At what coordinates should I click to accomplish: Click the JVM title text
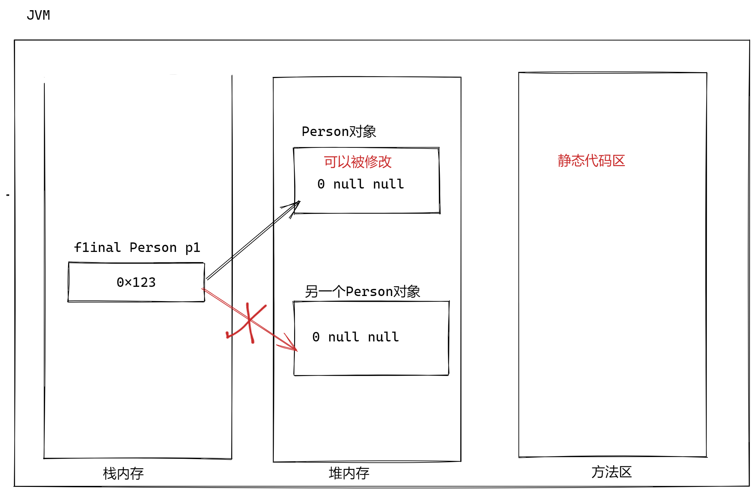(x=38, y=16)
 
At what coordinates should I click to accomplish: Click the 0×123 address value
(x=136, y=282)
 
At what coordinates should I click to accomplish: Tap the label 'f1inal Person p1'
(x=137, y=248)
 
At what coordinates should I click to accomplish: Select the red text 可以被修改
(x=357, y=162)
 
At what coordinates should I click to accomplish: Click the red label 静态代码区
(x=591, y=161)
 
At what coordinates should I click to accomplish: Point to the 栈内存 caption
(x=123, y=473)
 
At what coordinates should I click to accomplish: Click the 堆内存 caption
(x=349, y=473)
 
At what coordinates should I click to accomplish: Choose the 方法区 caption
(x=612, y=472)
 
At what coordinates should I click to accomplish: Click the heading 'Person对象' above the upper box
(x=339, y=132)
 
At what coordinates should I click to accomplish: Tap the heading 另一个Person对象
(x=362, y=292)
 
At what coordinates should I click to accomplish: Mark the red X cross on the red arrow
(x=249, y=321)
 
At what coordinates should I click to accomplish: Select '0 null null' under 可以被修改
(x=361, y=184)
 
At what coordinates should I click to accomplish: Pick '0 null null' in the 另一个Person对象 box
(x=355, y=337)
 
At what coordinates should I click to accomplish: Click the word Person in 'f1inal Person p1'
(x=153, y=248)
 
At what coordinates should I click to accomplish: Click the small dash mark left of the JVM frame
(x=8, y=195)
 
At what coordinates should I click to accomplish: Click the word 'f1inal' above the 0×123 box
(x=98, y=248)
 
